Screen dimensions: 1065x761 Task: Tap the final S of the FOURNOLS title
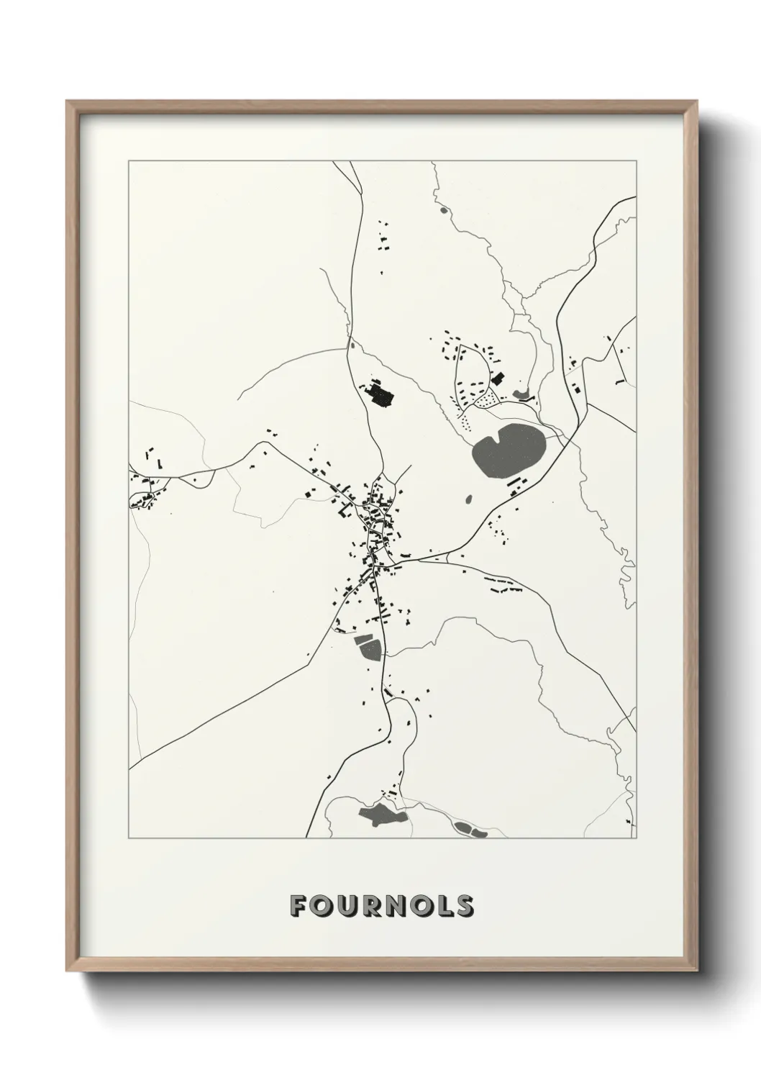click(464, 906)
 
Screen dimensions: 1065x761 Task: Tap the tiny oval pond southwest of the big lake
click(470, 499)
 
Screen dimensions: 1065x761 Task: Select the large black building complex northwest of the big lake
click(379, 394)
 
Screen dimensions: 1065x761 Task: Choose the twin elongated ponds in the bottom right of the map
click(470, 830)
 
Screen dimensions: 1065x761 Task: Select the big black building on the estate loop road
click(497, 378)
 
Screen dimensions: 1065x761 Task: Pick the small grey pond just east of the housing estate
click(521, 394)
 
